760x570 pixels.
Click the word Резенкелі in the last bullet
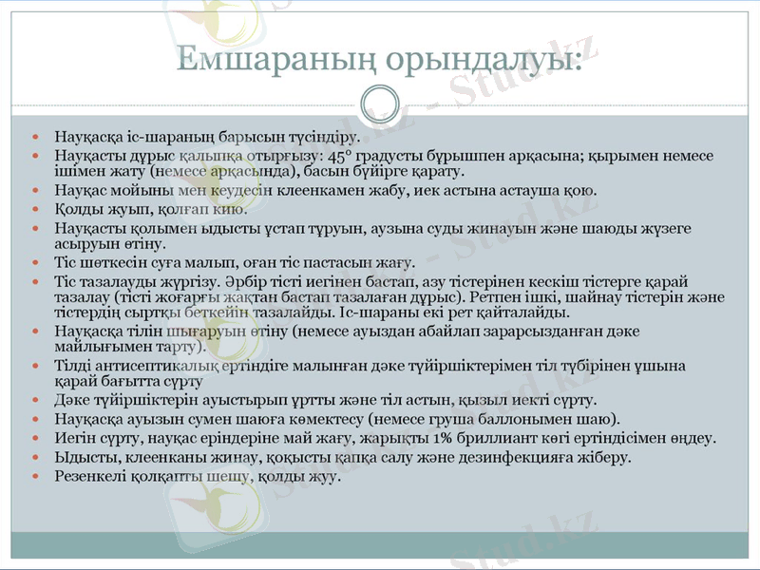pyautogui.click(x=89, y=476)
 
